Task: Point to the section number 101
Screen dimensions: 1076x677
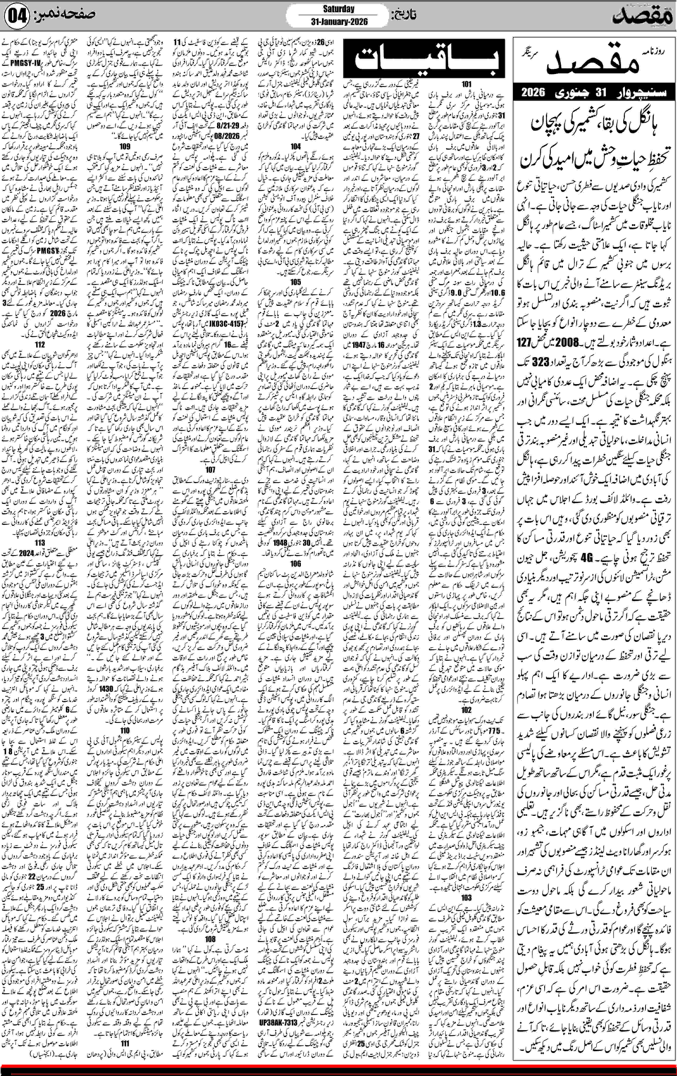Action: tap(467, 84)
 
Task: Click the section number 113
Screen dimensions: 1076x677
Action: tap(40, 543)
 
